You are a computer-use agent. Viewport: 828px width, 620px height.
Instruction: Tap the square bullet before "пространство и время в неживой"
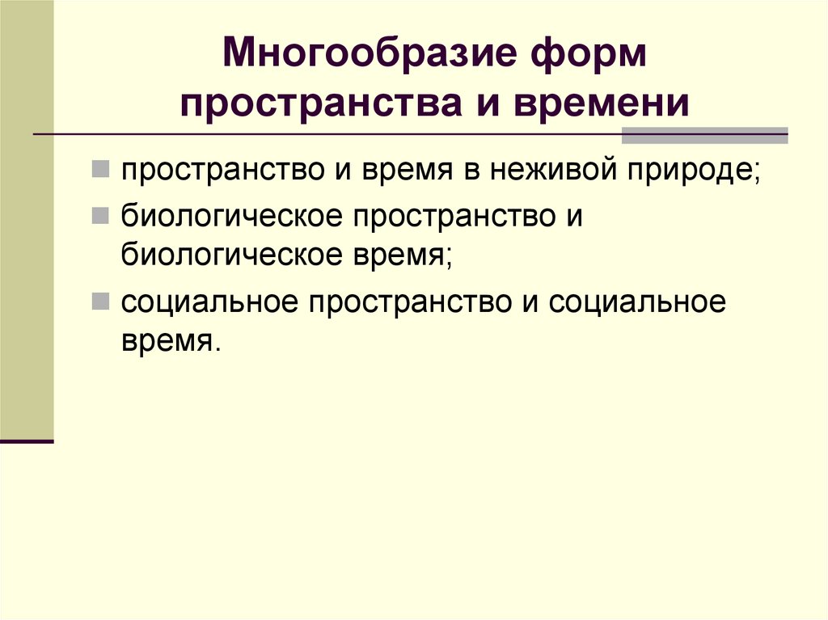pyautogui.click(x=101, y=170)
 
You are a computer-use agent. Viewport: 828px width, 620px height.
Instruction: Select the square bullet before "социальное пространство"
pyautogui.click(x=101, y=302)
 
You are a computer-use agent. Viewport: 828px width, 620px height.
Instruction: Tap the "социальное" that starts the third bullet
pyautogui.click(x=208, y=304)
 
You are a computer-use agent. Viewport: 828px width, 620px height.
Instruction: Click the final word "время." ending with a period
pyautogui.click(x=170, y=341)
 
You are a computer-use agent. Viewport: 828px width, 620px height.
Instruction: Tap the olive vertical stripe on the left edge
pyautogui.click(x=27, y=218)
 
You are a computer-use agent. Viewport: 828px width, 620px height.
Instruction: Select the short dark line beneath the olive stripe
pyautogui.click(x=27, y=442)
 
